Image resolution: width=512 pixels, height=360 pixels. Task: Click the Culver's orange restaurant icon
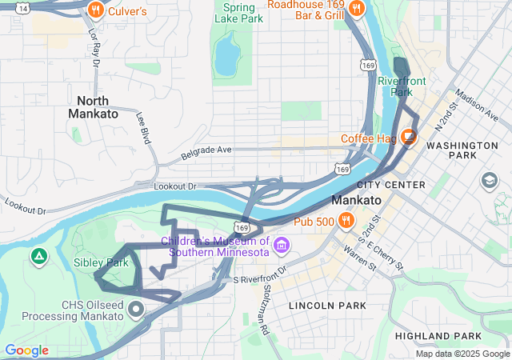[x=95, y=10]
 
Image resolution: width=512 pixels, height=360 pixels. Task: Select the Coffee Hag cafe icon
[x=409, y=137]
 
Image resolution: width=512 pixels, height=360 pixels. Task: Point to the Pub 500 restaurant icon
[x=346, y=220]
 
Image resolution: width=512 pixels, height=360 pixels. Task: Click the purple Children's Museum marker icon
[x=281, y=244]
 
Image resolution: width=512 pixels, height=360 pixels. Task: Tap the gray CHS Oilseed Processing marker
[x=136, y=308]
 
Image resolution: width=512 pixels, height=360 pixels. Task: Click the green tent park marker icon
[x=38, y=256]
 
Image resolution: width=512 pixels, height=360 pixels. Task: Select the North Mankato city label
[x=93, y=107]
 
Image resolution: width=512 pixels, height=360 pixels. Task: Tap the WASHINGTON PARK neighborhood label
[x=462, y=152]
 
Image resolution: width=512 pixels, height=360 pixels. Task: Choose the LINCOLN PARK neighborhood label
[x=327, y=306]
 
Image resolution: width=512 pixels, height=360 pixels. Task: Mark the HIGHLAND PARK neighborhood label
[x=443, y=335]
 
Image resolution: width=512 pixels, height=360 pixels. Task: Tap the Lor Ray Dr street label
[x=94, y=48]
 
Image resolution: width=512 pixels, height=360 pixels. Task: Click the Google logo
[x=26, y=350]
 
